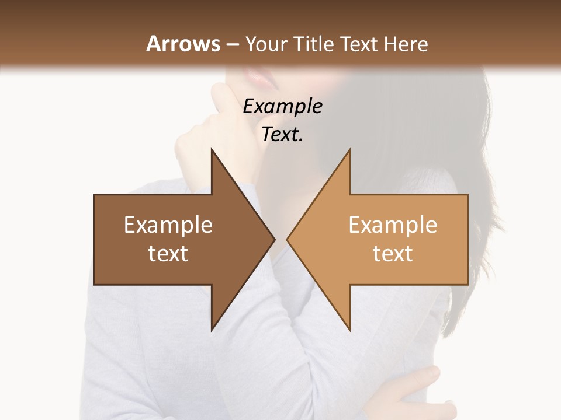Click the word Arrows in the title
point(183,44)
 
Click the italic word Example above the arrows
point(282,106)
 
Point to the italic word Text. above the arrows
point(282,134)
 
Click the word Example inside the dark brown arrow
point(168,225)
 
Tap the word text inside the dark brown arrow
point(168,253)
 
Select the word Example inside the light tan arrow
point(393,225)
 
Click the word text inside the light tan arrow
point(393,253)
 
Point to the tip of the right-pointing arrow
point(274,239)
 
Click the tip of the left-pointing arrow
point(288,239)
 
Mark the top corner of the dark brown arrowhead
point(212,150)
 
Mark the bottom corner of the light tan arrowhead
point(349,330)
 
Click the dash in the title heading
point(232,44)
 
